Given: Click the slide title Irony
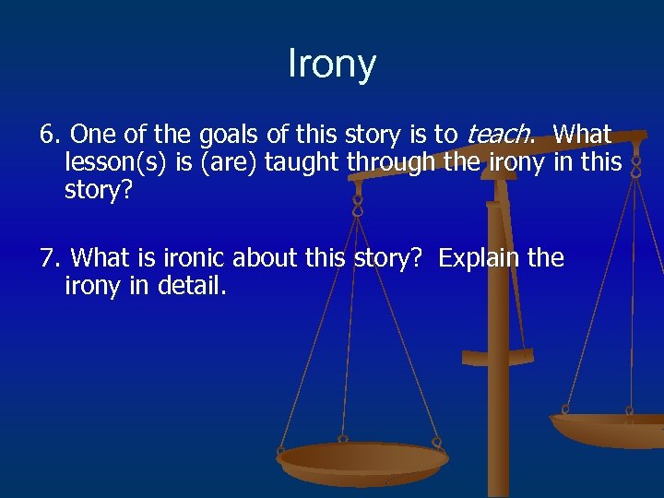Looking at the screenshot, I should point(332,65).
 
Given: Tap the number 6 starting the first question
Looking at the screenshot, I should point(47,135).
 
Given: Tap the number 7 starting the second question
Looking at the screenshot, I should point(47,257).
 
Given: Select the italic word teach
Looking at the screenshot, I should point(498,135).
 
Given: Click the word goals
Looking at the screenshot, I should point(220,135).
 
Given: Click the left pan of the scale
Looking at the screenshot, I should point(362,458).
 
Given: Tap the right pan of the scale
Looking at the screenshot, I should point(609,428).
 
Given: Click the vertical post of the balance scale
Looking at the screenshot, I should point(498,387).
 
